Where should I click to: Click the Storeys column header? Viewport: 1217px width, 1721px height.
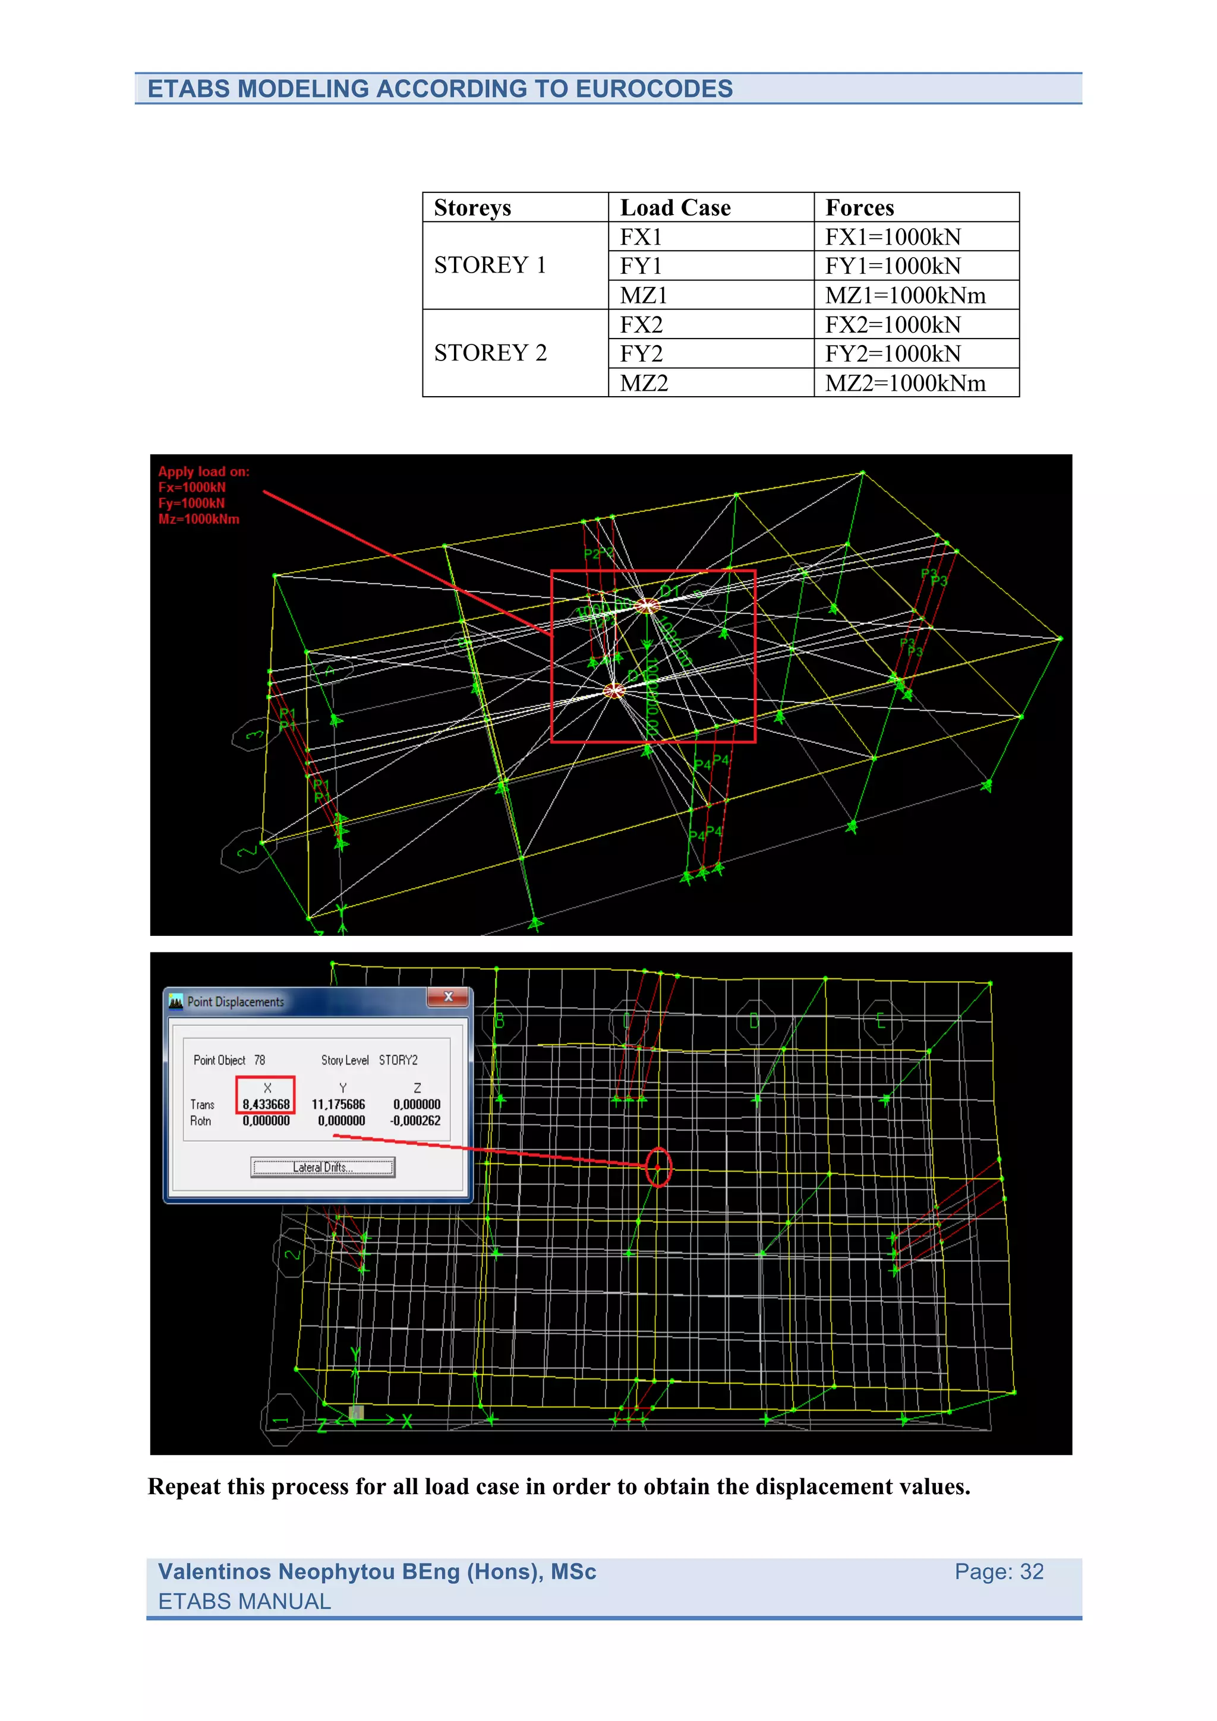(x=472, y=208)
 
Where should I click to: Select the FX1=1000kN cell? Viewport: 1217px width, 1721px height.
(x=893, y=237)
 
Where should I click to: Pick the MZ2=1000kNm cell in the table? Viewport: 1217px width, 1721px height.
(x=905, y=383)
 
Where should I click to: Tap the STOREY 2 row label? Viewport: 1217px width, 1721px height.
(x=490, y=352)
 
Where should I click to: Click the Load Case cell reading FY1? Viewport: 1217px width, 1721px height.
(x=641, y=266)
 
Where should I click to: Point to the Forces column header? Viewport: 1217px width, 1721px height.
(x=859, y=208)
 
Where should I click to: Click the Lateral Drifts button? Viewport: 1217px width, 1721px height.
(x=323, y=1167)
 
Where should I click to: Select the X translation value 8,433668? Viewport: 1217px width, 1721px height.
(x=266, y=1104)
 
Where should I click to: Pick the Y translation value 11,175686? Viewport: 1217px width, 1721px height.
(x=338, y=1104)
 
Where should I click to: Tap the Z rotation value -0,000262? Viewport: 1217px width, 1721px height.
(x=415, y=1121)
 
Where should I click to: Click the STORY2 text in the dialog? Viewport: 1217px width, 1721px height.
(x=398, y=1060)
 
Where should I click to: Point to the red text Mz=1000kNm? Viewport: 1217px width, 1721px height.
(x=198, y=518)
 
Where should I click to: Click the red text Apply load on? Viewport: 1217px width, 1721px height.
(x=203, y=472)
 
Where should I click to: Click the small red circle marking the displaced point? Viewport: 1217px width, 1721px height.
(x=658, y=1167)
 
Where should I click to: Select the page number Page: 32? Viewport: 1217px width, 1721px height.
(x=998, y=1571)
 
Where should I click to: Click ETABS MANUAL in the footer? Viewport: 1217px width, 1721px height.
(x=244, y=1601)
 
